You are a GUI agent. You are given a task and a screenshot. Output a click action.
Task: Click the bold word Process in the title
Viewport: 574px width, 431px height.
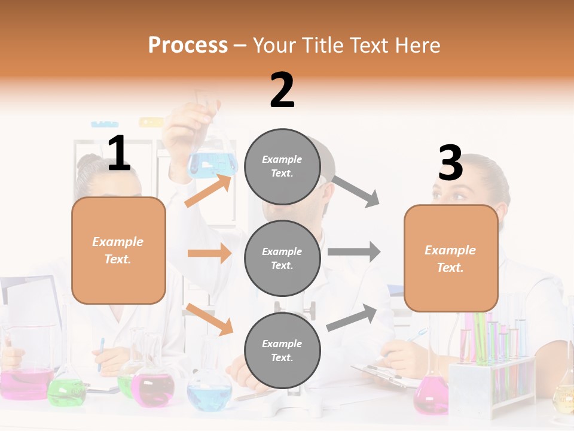(x=188, y=45)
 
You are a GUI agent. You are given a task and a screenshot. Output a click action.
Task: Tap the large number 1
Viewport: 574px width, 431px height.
(x=119, y=154)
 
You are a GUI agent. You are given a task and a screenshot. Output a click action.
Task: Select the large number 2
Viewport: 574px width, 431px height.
(x=282, y=90)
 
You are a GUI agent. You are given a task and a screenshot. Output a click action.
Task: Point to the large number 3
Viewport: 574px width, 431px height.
(x=451, y=163)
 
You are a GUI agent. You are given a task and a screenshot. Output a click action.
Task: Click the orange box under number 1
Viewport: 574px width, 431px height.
(x=118, y=250)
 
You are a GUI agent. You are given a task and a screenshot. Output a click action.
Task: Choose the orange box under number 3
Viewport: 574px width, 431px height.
(x=451, y=258)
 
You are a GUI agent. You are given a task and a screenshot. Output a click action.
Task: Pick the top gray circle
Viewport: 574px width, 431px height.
(x=282, y=166)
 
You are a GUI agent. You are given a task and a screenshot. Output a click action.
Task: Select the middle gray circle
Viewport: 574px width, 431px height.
(x=282, y=258)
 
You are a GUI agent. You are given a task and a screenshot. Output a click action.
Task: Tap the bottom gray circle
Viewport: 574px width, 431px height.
(x=282, y=350)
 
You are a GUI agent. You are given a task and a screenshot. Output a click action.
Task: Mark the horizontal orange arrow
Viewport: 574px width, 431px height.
(x=209, y=253)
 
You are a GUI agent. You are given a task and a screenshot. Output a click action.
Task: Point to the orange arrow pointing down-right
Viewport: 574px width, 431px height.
(x=209, y=319)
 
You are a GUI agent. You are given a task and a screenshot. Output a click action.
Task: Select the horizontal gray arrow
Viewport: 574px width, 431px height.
(x=354, y=251)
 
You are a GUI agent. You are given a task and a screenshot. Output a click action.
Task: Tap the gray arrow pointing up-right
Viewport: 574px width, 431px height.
(x=352, y=318)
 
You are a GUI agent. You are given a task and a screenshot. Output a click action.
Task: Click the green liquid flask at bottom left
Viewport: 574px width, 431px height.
(x=66, y=391)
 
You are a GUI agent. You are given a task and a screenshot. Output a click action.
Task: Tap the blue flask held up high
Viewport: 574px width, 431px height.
(x=212, y=162)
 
